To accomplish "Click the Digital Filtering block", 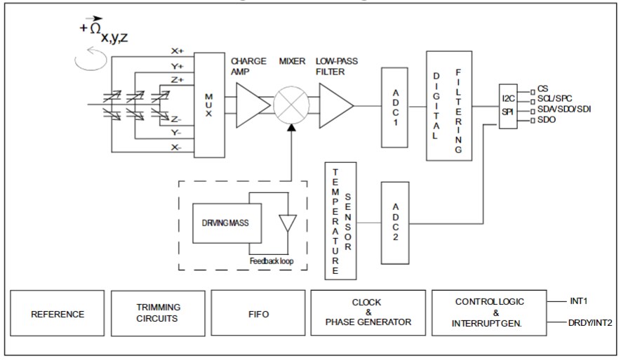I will pyautogui.click(x=449, y=105).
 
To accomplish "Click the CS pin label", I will pyautogui.click(x=542, y=88).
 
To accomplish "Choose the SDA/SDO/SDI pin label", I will pyautogui.click(x=563, y=110).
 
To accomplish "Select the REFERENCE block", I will pyautogui.click(x=58, y=314).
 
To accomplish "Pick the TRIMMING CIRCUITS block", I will pyautogui.click(x=158, y=314).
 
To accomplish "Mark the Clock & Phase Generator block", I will pyautogui.click(x=368, y=314).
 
